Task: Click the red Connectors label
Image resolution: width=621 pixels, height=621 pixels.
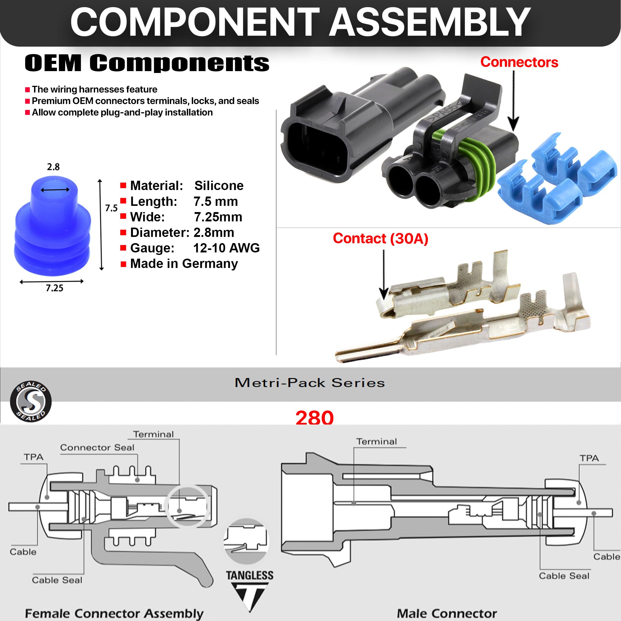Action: [519, 62]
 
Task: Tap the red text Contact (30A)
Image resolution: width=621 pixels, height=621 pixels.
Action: [380, 238]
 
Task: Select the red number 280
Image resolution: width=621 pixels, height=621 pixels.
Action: [314, 418]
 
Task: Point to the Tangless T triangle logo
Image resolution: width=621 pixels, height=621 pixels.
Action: [249, 592]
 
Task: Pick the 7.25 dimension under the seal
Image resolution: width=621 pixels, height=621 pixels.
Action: [54, 288]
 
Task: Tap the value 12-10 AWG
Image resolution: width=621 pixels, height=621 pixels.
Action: [226, 248]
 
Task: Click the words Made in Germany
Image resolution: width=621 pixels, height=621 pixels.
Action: [184, 264]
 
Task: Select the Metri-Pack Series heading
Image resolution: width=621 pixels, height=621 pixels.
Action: [310, 383]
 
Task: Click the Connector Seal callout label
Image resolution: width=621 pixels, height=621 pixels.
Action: [97, 447]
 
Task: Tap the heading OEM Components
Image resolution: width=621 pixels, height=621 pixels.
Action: [147, 63]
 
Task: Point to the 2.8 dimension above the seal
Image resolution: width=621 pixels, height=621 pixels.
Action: [53, 167]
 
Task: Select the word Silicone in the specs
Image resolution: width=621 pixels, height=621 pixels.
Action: [219, 185]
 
